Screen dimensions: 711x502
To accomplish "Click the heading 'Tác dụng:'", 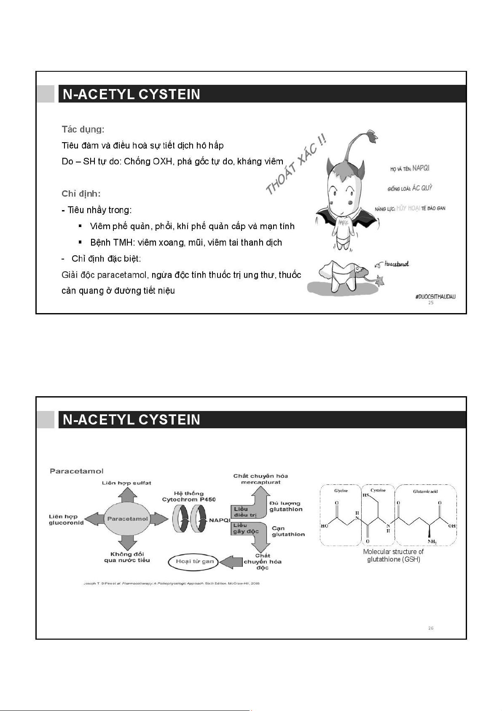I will (83, 129).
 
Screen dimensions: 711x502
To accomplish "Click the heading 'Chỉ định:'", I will (81, 194).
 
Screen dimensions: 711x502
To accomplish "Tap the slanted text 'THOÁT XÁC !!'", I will (296, 165).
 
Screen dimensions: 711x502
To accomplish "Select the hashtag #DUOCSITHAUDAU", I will (435, 297).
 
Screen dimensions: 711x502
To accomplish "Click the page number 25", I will (431, 303).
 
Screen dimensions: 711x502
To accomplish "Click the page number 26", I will (431, 628).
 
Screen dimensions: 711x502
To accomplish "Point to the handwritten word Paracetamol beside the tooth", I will (396, 264).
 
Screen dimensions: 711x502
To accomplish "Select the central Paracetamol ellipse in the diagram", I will (127, 519).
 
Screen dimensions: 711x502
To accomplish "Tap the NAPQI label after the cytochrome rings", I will (220, 520).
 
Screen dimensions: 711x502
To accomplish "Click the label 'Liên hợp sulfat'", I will (126, 483).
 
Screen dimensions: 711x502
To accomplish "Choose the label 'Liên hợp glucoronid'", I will (66, 519).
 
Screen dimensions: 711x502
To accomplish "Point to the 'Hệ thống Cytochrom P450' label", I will (189, 496).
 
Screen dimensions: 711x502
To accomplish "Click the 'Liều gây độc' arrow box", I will (246, 528).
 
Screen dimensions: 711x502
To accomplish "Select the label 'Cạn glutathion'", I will (288, 531).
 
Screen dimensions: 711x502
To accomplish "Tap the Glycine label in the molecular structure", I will (341, 491).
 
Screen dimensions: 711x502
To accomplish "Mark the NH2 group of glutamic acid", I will (432, 542).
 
